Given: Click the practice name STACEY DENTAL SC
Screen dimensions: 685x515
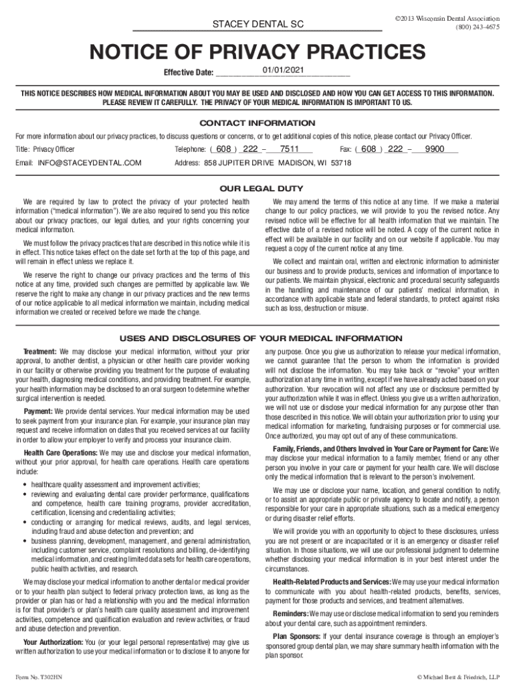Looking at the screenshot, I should [x=257, y=24].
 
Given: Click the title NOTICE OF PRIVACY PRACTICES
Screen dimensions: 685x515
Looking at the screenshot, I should [x=257, y=52].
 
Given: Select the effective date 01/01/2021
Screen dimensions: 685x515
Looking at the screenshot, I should [x=284, y=70].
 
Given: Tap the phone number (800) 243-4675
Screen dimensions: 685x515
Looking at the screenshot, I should [x=477, y=27].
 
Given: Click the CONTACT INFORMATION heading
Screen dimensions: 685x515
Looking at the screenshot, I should [x=257, y=123].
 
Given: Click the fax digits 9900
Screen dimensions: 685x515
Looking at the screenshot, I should [x=435, y=149].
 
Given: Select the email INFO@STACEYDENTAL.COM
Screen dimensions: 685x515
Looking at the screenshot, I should [x=90, y=163].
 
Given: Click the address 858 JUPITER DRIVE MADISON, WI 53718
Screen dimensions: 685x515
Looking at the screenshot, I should [x=277, y=163].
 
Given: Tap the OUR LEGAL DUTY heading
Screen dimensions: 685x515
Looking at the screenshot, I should [x=257, y=188].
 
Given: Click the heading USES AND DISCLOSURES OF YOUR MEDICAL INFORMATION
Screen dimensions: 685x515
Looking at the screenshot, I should [x=257, y=338].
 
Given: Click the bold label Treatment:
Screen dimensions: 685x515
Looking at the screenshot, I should [x=40, y=351].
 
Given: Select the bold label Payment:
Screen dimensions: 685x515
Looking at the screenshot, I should [x=38, y=411].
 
